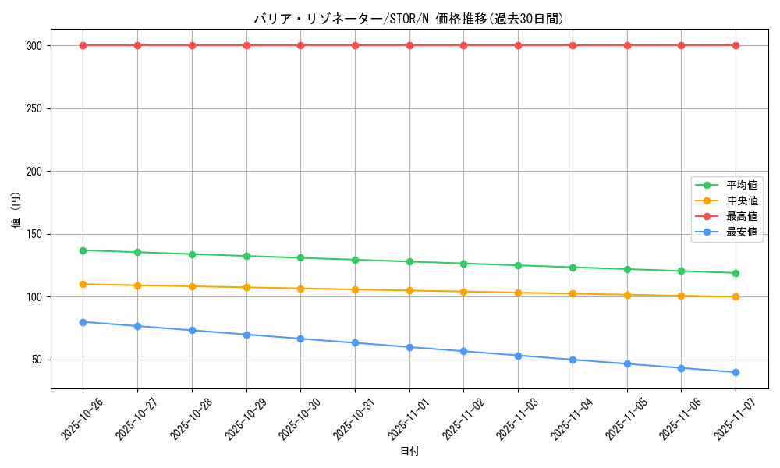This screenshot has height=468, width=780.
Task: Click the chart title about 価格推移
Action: (409, 19)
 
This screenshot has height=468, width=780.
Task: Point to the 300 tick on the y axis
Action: (33, 46)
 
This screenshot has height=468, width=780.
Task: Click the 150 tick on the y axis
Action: (33, 234)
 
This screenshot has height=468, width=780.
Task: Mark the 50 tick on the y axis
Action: (36, 360)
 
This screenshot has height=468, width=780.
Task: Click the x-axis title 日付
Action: (409, 452)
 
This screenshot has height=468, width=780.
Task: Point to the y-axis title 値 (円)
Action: (16, 210)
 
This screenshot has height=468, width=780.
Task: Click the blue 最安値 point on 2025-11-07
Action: (736, 372)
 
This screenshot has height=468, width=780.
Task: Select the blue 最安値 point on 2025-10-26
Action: (83, 322)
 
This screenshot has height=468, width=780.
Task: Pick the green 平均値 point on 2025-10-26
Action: (83, 250)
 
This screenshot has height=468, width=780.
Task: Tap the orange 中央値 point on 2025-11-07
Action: (736, 296)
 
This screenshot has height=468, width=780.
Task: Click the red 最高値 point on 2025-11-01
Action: (409, 45)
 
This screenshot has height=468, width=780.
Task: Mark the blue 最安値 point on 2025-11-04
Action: (573, 360)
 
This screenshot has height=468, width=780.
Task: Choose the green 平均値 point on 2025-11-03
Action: (518, 265)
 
